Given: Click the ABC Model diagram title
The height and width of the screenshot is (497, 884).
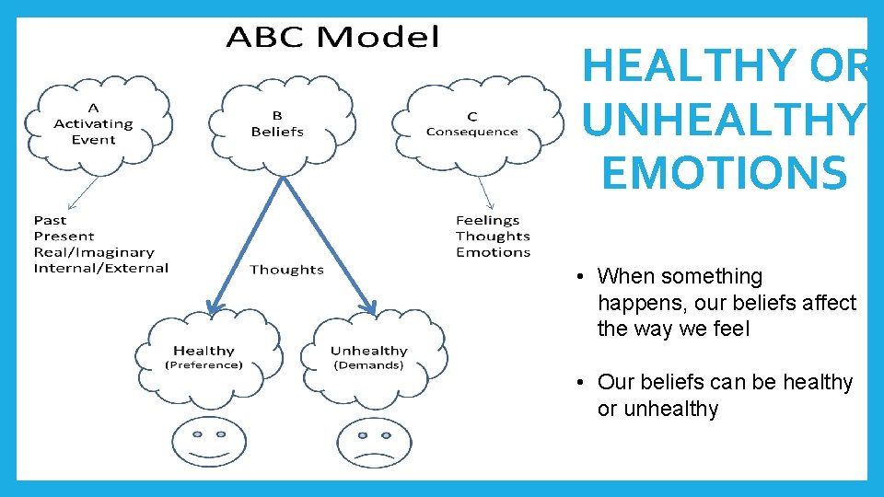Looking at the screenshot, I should [332, 38].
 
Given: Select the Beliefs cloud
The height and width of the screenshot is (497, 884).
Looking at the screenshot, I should [277, 123].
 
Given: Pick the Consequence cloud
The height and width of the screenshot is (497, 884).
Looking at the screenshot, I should [471, 124].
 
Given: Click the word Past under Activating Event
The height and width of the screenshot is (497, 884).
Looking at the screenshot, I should [51, 220].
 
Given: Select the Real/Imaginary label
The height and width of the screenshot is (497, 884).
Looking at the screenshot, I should [94, 252].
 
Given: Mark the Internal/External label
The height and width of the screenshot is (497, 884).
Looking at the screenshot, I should [101, 269].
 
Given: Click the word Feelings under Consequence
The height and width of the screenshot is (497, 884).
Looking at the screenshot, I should [488, 220].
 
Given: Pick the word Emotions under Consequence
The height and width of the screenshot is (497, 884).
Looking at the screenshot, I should [494, 252].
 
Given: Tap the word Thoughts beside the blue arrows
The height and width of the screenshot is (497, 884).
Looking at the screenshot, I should [286, 270].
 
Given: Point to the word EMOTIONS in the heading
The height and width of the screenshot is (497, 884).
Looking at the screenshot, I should [724, 173].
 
